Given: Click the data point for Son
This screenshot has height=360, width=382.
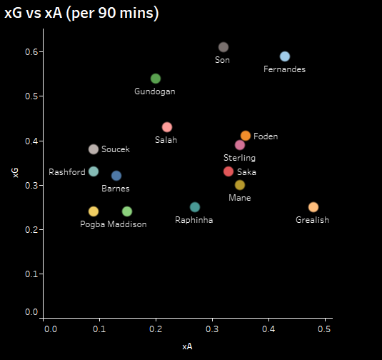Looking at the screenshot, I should tap(223, 47).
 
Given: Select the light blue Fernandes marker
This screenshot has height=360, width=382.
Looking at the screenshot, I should tap(285, 56).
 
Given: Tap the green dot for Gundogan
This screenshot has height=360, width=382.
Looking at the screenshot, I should tap(156, 79).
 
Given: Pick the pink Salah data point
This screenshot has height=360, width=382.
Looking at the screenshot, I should tap(167, 127).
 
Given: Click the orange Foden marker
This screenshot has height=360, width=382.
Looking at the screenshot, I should tap(246, 136).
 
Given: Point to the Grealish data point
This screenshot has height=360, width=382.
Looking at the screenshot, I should tap(313, 207).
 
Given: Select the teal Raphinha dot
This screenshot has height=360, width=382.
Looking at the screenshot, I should tap(195, 207).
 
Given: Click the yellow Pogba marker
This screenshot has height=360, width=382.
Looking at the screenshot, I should tap(94, 211).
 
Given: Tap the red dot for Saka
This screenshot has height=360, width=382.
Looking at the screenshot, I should tap(228, 171).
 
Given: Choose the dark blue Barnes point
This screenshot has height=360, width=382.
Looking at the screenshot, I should tap(116, 176).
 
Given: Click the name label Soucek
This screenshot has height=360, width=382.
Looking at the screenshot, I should tap(116, 149).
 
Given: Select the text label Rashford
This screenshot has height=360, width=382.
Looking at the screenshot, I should tap(67, 172).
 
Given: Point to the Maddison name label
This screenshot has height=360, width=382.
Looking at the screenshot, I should tap(127, 224).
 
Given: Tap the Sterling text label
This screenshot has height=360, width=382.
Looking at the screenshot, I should tap(239, 158).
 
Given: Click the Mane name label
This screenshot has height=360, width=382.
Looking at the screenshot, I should tap(239, 198).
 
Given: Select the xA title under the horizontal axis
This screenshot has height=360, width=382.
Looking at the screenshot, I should tap(187, 346).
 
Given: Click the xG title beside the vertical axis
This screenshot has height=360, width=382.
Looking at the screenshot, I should tap(15, 172).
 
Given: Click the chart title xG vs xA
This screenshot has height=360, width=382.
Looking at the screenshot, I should tap(81, 14).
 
